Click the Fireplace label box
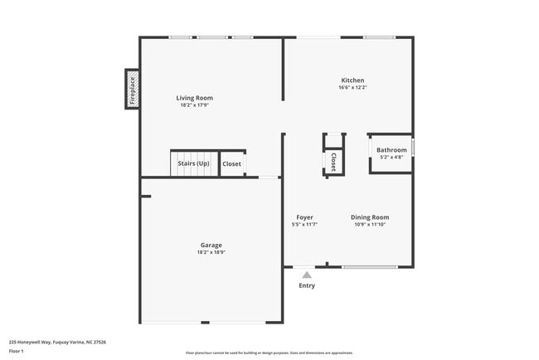pyautogui.click(x=131, y=90)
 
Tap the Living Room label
pyautogui.click(x=194, y=98)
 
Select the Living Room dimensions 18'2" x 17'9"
pyautogui.click(x=194, y=105)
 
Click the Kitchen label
pyautogui.click(x=352, y=80)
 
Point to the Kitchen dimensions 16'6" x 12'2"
pyautogui.click(x=352, y=88)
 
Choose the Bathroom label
pyautogui.click(x=391, y=150)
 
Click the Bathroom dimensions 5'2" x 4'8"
pyautogui.click(x=391, y=157)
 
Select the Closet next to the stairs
pyautogui.click(x=232, y=163)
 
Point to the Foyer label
pyautogui.click(x=304, y=217)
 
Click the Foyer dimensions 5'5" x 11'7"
pyautogui.click(x=304, y=225)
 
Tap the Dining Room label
pyautogui.click(x=369, y=217)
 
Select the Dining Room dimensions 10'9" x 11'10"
pyautogui.click(x=369, y=225)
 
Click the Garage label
pyautogui.click(x=211, y=245)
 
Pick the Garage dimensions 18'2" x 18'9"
pyautogui.click(x=211, y=252)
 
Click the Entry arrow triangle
pyautogui.click(x=307, y=275)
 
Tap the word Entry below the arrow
pyautogui.click(x=307, y=286)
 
